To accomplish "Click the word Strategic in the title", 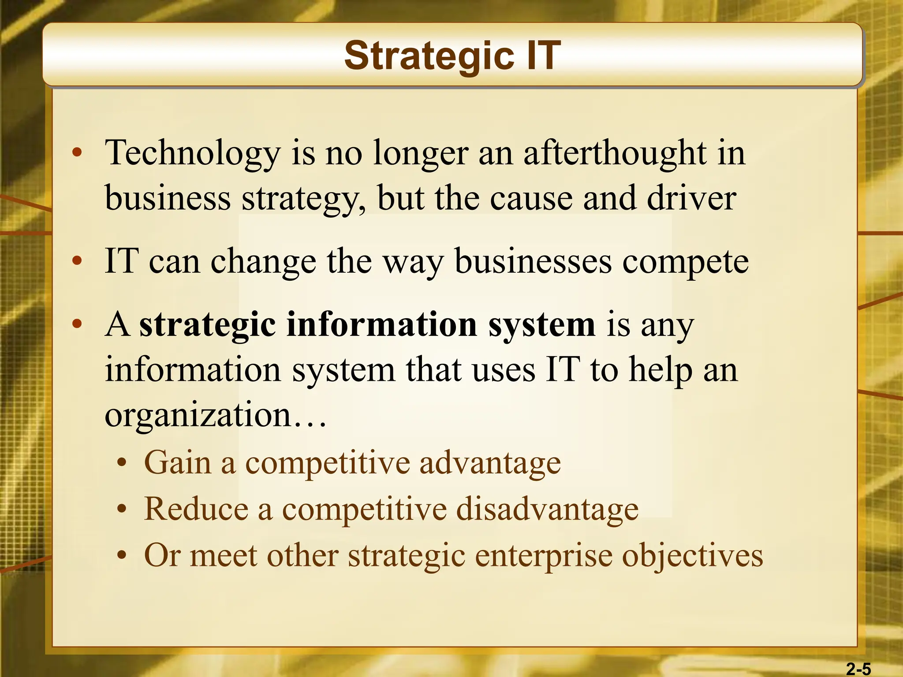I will pos(429,56).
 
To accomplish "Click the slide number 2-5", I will pos(858,669).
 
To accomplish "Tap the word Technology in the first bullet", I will pos(193,153).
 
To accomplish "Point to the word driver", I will pos(691,198).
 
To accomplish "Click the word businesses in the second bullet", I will pos(533,261).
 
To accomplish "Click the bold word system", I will pos(542,325).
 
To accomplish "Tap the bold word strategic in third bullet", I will pos(207,325).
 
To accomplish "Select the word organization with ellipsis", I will pos(215,415).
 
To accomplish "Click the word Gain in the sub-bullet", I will pos(178,462).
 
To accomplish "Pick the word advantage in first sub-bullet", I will pos(490,463).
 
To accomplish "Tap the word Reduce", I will pos(196,509).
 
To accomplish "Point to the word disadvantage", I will pos(547,509).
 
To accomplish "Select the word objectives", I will pos(692,556).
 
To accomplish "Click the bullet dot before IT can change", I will pos(77,261).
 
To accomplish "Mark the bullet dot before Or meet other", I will pos(122,556).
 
